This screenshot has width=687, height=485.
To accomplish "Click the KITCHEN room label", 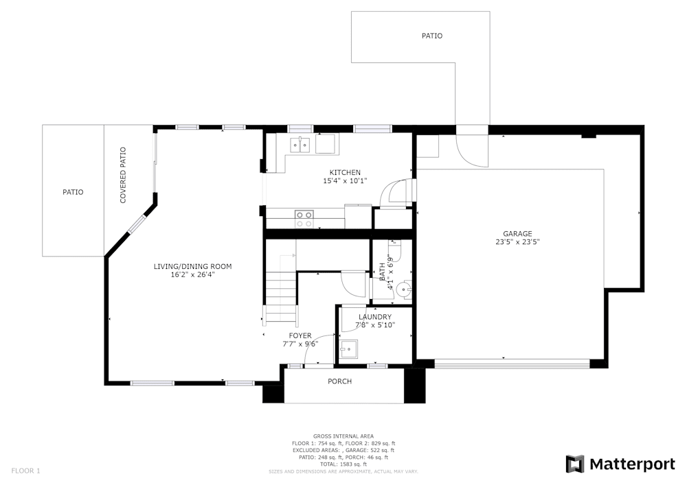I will click(345, 172).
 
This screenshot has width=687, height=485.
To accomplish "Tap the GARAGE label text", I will click(517, 233).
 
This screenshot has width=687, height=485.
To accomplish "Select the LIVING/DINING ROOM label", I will click(192, 266).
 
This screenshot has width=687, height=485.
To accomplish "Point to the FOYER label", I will click(300, 335).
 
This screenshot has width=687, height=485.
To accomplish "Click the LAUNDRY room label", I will click(374, 317).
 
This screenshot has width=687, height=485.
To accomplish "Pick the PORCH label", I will click(339, 381).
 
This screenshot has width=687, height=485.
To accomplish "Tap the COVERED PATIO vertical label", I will click(123, 175).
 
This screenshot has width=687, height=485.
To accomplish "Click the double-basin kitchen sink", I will click(300, 144).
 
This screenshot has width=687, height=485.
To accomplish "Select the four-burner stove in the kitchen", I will click(304, 219).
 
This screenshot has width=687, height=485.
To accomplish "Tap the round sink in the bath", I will click(406, 289).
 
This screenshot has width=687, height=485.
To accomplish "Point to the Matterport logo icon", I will click(574, 464).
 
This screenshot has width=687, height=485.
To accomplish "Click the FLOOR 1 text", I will click(26, 471).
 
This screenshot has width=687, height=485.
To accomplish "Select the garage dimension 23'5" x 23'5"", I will click(517, 241).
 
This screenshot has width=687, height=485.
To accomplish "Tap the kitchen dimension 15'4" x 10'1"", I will click(345, 181).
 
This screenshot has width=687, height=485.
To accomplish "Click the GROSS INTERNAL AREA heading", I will click(343, 436).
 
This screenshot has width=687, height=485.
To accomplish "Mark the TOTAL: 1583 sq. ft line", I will click(343, 464).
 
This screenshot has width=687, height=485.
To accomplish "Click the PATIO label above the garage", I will click(431, 36).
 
